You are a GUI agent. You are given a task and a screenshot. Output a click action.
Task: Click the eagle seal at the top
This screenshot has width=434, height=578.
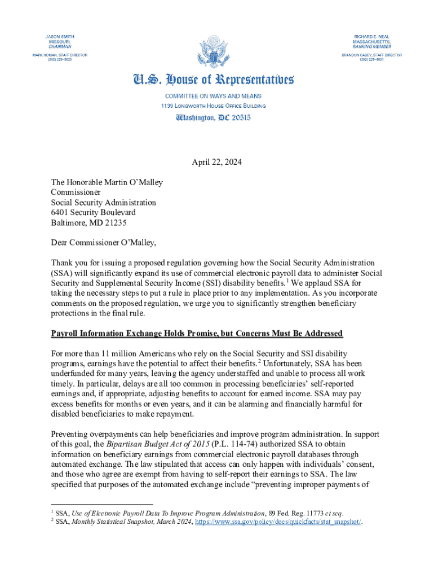(x=214, y=51)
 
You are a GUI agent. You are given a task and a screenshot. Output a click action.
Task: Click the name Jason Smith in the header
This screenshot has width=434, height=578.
(x=60, y=36)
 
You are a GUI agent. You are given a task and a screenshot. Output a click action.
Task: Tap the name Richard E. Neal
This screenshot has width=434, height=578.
(x=371, y=36)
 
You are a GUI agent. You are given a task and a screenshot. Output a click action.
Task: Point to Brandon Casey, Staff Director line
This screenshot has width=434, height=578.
(x=371, y=55)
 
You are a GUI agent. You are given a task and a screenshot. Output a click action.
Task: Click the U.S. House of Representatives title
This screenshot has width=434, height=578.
(x=213, y=80)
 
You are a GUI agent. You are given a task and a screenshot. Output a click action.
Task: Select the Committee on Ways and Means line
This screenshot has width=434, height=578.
(x=213, y=97)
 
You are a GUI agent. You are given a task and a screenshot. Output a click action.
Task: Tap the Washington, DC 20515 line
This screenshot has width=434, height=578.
(x=213, y=117)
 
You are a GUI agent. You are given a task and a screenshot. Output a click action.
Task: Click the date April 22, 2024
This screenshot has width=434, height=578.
(x=217, y=163)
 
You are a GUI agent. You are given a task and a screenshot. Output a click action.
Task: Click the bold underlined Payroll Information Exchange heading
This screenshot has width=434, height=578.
(x=197, y=333)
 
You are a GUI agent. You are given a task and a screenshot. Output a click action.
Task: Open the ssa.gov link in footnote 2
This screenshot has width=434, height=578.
(x=278, y=522)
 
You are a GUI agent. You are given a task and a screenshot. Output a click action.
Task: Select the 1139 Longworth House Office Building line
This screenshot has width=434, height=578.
(x=213, y=106)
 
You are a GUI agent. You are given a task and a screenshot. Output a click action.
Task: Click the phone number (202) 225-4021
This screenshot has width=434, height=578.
(x=371, y=60)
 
